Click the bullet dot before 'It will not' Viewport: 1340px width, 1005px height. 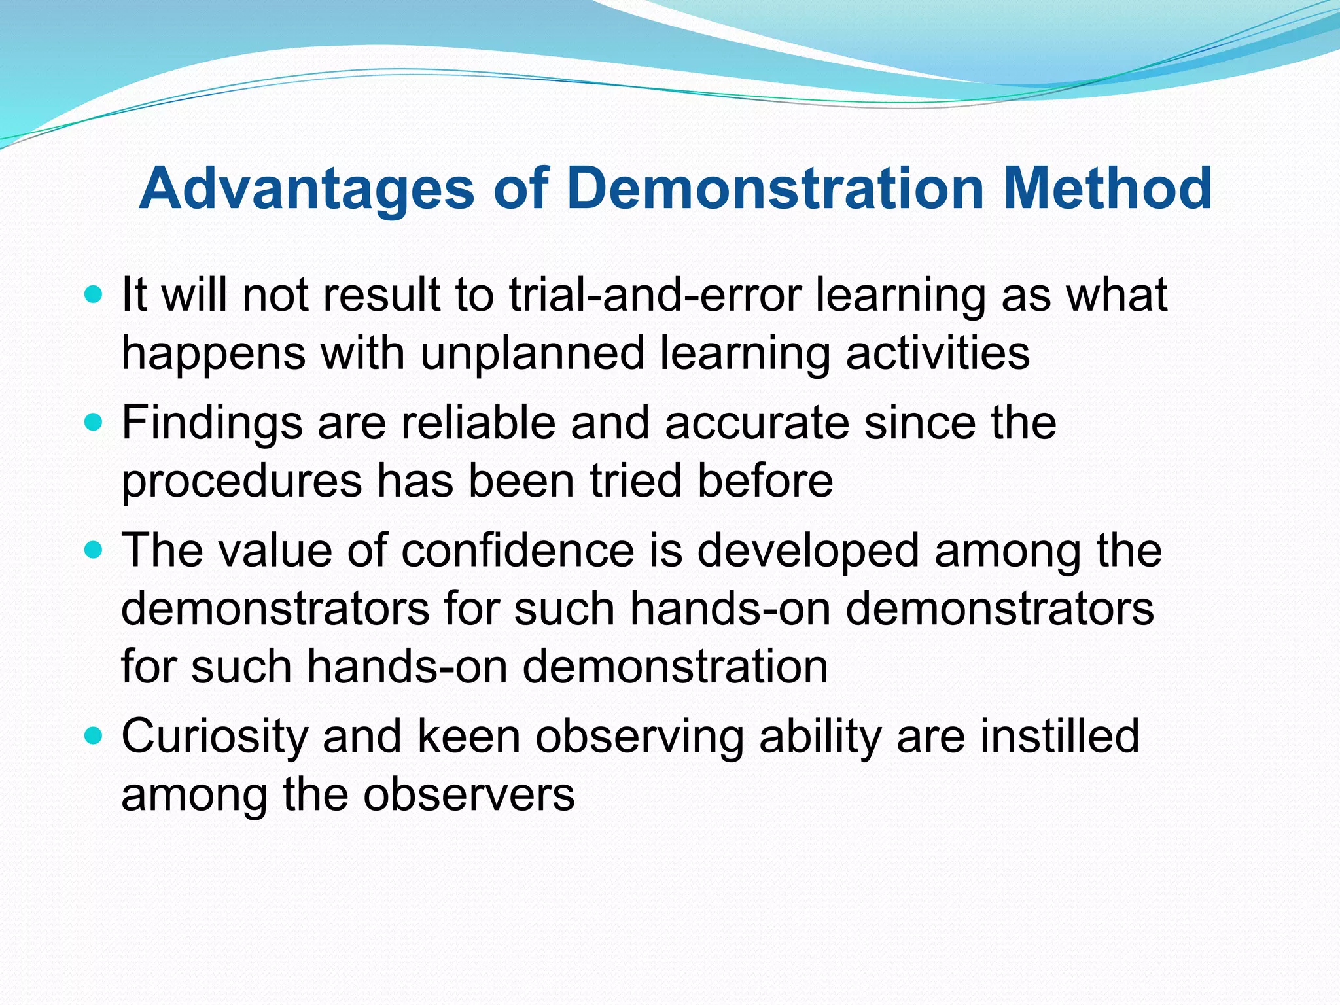(x=94, y=294)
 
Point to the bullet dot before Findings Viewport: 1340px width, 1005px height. (x=94, y=423)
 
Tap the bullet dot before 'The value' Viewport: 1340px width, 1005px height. (x=94, y=550)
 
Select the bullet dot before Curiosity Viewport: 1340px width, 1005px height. (x=94, y=736)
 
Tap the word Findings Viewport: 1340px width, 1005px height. (x=212, y=423)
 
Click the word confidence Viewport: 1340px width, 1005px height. (x=518, y=550)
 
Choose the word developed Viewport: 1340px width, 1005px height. (x=809, y=550)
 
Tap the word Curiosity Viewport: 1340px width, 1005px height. (x=215, y=736)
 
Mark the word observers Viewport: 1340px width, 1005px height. (x=469, y=795)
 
